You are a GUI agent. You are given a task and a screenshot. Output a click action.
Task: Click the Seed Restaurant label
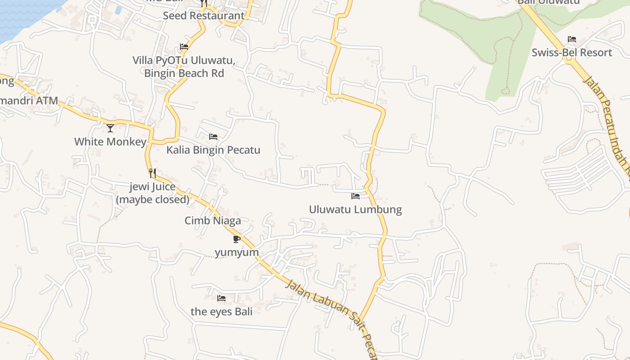coord(203,16)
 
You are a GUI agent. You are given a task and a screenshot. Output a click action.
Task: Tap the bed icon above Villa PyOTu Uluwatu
coord(184,46)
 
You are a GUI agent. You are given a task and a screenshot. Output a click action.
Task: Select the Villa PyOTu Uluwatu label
coord(184,67)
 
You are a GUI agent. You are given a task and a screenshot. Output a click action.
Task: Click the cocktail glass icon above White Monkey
coord(110,128)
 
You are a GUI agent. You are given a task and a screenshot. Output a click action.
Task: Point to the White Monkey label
coord(110,142)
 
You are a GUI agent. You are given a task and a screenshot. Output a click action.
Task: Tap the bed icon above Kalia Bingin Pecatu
coord(213,136)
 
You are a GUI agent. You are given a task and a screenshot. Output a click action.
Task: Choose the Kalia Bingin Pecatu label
coord(213,150)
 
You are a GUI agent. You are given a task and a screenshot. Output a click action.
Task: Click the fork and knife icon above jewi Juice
coord(153,173)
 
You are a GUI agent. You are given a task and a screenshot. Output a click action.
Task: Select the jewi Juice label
coord(153,193)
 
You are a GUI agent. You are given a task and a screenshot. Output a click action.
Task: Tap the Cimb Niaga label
coord(213,220)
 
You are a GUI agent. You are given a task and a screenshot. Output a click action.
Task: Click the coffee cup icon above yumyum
coord(237,239)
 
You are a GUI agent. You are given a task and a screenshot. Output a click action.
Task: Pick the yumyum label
coord(237,252)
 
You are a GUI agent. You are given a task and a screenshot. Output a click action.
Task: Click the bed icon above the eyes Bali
coord(221,298)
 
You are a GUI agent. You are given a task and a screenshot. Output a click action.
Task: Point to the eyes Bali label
coord(221,311)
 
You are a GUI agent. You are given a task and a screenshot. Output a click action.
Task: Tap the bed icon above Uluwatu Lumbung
coord(355,196)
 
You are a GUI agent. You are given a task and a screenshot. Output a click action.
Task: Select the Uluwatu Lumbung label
coord(355,209)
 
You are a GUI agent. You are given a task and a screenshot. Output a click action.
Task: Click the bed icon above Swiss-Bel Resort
coord(572,39)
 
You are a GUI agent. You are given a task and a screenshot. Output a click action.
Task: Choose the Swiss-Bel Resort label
coord(572,53)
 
